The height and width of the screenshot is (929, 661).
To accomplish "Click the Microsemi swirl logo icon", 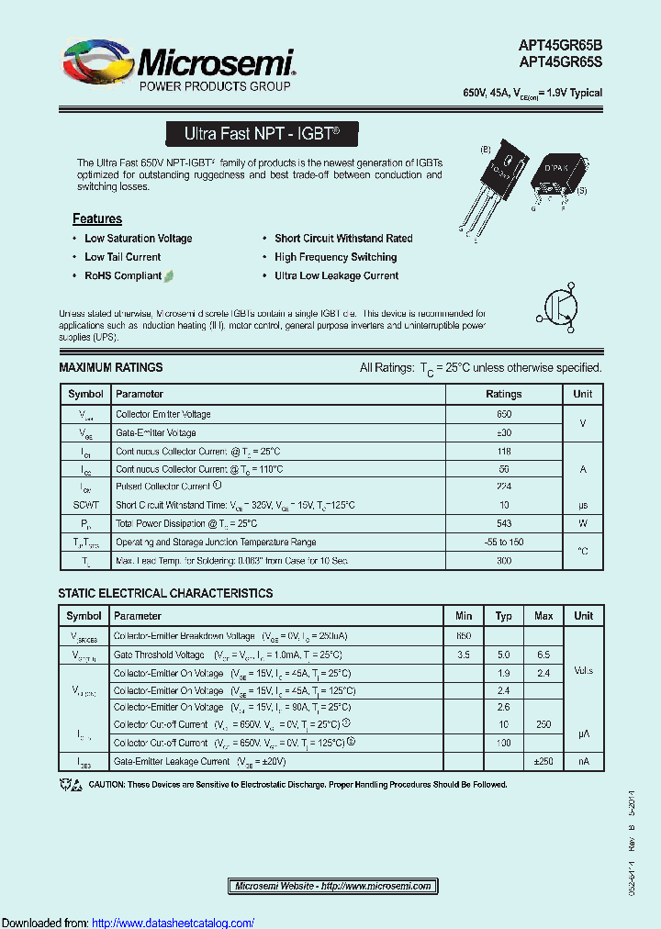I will tap(97, 63).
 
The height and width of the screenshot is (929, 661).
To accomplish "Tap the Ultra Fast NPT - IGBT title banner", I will tap(262, 134).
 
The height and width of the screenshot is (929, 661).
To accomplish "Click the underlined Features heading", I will tap(97, 218).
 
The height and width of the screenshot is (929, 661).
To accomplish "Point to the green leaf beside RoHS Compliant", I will tap(170, 275).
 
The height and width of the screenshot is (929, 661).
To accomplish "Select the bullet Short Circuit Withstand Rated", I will tap(343, 239).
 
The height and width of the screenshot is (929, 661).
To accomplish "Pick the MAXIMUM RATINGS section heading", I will tap(110, 367).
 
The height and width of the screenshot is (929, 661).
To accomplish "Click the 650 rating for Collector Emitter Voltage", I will tap(503, 415).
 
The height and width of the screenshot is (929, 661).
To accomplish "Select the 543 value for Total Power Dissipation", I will tap(503, 524).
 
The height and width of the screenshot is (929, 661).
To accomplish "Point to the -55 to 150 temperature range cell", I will tap(503, 543).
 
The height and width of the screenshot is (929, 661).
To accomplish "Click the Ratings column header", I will tap(503, 394).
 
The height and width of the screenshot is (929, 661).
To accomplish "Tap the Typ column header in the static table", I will tap(503, 616).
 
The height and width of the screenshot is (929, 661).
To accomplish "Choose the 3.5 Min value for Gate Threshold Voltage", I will tap(464, 655).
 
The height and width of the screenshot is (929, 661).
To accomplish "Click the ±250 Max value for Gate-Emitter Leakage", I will tap(543, 761).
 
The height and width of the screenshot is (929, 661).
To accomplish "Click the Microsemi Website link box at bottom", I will tap(332, 886).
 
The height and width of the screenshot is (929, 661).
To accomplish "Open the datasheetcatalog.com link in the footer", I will tap(174, 923).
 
